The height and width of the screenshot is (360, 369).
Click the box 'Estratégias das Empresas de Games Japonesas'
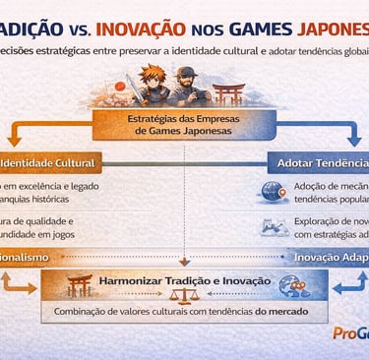(183, 126)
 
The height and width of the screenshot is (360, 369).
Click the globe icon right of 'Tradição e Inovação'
(291, 285)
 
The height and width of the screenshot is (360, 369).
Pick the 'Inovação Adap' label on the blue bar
(331, 257)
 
